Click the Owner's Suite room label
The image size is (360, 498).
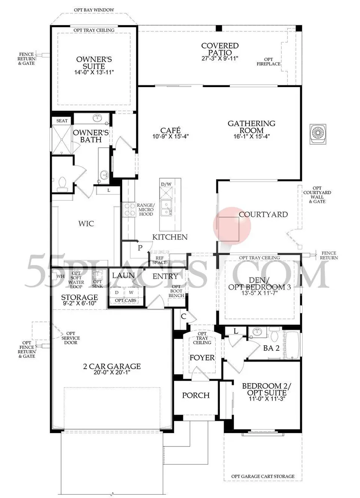(x=94, y=63)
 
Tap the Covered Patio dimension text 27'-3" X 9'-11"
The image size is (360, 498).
(x=220, y=59)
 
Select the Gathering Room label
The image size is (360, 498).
(x=251, y=127)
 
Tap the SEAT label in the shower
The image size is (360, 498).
(x=62, y=121)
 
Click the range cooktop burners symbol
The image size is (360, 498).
(x=129, y=209)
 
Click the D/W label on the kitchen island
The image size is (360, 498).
(x=166, y=184)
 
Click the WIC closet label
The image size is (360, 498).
(x=86, y=223)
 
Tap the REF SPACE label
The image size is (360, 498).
(x=159, y=260)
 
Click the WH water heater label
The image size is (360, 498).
(x=60, y=276)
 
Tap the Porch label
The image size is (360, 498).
(x=196, y=395)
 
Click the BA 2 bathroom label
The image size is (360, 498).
(x=271, y=348)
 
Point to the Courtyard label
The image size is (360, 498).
(x=263, y=214)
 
